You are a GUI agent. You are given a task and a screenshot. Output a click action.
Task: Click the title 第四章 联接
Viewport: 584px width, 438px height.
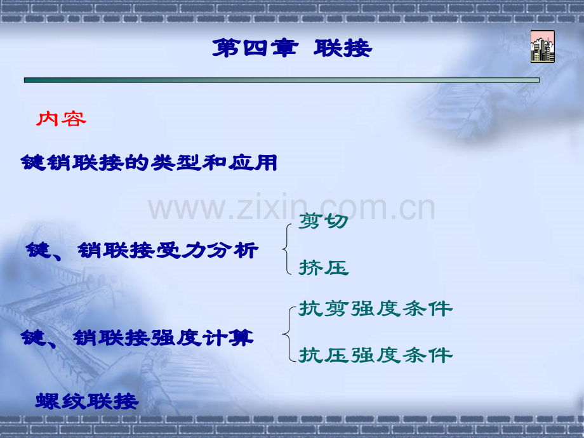[291, 48]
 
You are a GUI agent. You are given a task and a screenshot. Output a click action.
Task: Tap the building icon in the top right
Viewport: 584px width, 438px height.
[542, 46]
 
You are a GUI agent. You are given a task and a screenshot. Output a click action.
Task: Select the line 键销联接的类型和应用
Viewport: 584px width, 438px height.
[149, 163]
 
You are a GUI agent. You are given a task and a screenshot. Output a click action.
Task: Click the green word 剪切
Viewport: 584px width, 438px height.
[323, 222]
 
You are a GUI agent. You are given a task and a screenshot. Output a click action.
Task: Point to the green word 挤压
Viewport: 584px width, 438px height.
[324, 268]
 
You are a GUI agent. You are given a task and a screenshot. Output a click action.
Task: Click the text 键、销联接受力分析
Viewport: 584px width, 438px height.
[142, 251]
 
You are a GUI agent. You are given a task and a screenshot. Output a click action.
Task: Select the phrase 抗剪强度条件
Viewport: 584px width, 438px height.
[376, 309]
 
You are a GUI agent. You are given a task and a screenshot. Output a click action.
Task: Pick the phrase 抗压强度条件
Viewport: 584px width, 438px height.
[376, 354]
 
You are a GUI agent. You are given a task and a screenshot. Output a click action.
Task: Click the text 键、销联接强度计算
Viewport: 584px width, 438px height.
[137, 337]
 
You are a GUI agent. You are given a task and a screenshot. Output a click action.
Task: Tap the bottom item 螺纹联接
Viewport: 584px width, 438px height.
[87, 401]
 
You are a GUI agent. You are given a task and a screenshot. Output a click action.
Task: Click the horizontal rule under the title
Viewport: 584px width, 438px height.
[281, 80]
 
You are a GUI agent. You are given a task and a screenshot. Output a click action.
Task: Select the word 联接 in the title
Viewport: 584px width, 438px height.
[343, 48]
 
